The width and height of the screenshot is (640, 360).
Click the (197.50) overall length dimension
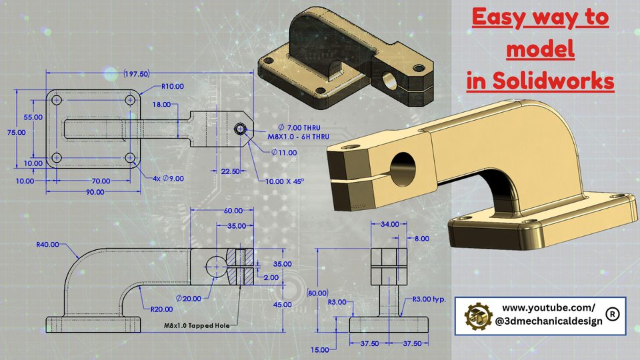tap(136, 74)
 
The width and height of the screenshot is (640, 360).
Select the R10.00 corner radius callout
tap(173, 87)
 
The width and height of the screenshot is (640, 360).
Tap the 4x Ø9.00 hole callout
tap(169, 178)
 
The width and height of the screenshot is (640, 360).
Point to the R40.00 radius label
tap(48, 244)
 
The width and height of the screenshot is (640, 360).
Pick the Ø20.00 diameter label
tap(188, 298)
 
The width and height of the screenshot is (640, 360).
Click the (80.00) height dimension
tap(319, 293)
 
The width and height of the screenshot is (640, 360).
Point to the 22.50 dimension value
tap(230, 171)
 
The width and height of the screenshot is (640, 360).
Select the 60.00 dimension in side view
tap(233, 211)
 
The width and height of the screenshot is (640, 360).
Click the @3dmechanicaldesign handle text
tap(549, 321)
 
